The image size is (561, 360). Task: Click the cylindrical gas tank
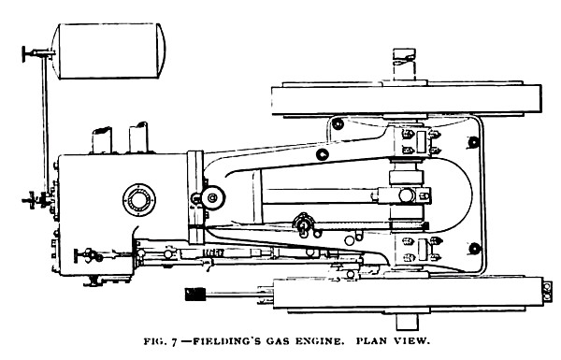tap(110, 46)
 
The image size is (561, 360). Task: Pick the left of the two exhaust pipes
tap(100, 139)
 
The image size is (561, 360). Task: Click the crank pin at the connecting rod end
tap(410, 194)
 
